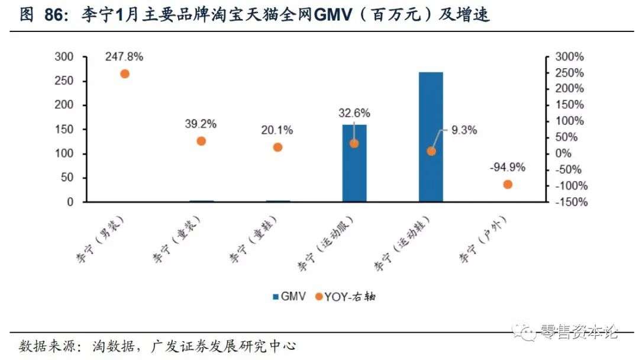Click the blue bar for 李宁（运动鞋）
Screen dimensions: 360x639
431,137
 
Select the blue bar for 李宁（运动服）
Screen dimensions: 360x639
354,163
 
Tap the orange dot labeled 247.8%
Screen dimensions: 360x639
125,74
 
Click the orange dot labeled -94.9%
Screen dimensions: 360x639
508,184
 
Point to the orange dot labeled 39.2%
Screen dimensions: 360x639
201,141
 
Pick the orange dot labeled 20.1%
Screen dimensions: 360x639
277,147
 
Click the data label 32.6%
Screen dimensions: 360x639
354,112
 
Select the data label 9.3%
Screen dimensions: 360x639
464,131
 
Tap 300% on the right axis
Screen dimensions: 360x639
569,57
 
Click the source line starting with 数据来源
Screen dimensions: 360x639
157,346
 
